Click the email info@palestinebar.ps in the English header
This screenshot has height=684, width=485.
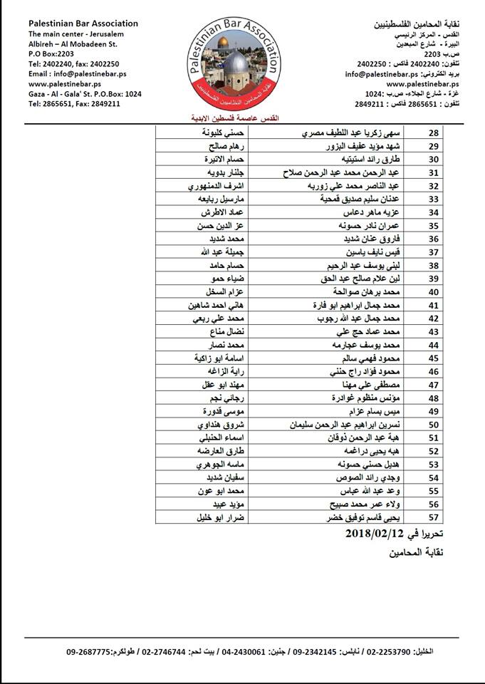(66, 73)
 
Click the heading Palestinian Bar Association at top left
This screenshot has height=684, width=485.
(83, 24)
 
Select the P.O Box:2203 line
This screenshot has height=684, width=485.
(51, 53)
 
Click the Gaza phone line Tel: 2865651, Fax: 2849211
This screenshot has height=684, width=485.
(74, 103)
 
